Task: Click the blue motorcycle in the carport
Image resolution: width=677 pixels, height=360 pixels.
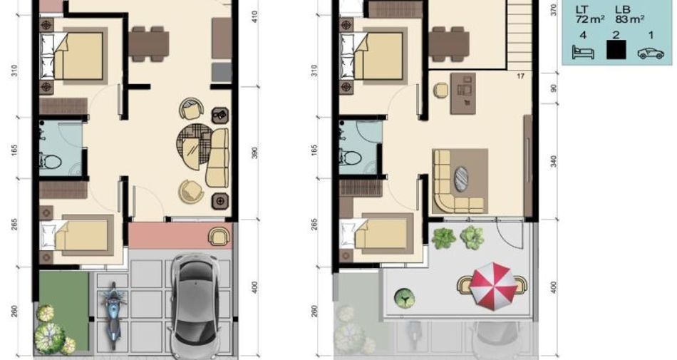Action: click(x=113, y=315)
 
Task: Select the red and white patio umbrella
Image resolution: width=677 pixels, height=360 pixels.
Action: click(x=493, y=286)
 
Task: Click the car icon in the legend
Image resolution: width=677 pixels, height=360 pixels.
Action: click(x=651, y=53)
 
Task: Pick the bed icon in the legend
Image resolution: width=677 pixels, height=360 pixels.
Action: click(x=583, y=51)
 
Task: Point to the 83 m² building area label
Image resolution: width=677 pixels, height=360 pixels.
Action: click(x=631, y=19)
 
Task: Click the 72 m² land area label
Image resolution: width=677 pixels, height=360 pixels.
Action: click(x=590, y=19)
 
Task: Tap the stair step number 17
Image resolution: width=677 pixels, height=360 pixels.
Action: click(x=520, y=76)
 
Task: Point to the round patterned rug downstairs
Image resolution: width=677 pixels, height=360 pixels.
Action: click(x=195, y=146)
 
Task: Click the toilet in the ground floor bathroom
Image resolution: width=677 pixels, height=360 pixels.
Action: click(x=51, y=162)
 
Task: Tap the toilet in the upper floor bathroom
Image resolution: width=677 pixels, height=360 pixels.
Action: click(x=351, y=158)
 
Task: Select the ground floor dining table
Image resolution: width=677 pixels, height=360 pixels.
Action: click(x=148, y=43)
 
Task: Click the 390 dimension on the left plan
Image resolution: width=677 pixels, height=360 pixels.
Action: click(x=254, y=153)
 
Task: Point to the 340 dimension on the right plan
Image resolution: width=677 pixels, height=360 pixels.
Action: click(x=554, y=161)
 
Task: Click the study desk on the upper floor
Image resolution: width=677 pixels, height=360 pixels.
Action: click(x=462, y=93)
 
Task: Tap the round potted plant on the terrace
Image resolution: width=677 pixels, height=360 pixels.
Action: click(x=404, y=297)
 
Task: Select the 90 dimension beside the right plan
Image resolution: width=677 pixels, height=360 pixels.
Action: click(x=554, y=88)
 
